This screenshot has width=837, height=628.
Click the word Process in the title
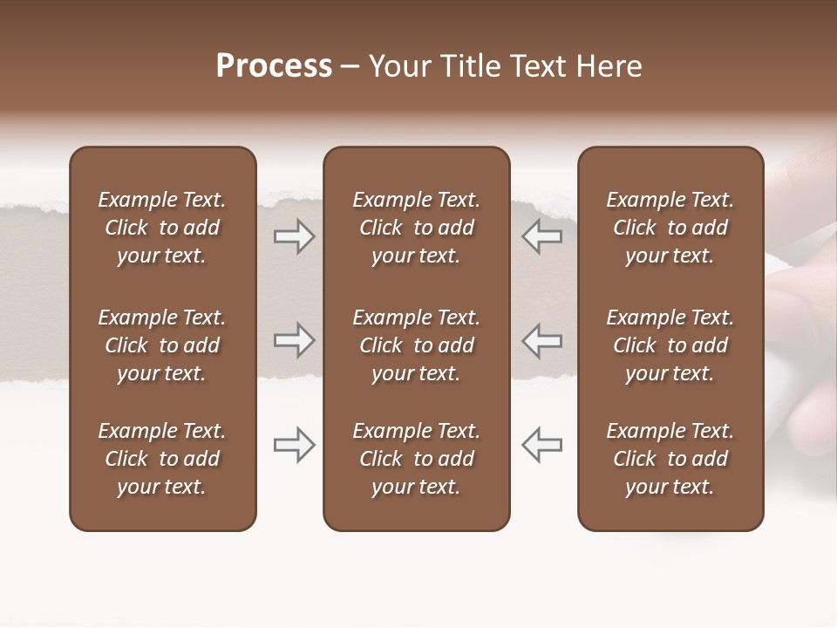274,66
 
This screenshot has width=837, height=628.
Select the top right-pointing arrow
294,236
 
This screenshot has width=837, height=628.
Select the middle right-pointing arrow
294,340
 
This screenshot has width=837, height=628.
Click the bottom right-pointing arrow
294,445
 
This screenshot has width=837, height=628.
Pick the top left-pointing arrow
541,236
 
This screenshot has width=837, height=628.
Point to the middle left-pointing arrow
541,340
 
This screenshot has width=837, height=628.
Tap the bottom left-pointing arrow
541,445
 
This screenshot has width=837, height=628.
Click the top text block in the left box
162,228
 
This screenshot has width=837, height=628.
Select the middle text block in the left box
162,345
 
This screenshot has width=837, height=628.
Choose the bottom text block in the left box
162,459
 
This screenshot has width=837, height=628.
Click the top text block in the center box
416,228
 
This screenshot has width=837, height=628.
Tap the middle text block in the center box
416,345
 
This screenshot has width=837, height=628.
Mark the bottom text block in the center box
416,459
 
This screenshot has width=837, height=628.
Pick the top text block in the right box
670,228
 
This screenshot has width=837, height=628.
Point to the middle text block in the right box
670,345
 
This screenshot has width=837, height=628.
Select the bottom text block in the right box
670,459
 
